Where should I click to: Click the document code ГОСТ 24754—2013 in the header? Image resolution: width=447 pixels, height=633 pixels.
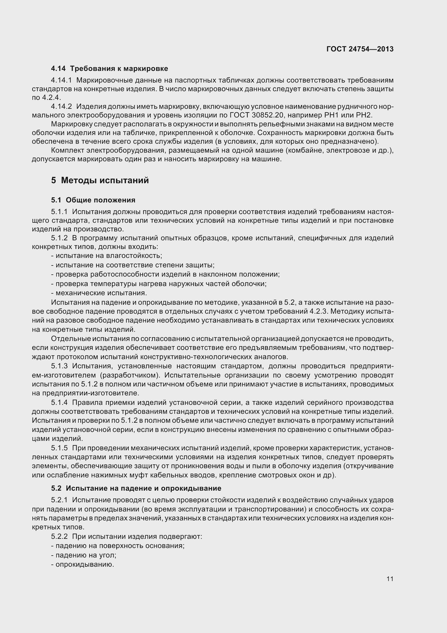(x=360, y=49)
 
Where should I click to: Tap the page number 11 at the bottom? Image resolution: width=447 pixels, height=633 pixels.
(x=390, y=579)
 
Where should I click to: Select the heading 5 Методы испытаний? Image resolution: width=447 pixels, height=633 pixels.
(x=100, y=180)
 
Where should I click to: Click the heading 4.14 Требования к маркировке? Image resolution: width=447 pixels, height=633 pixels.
(x=109, y=68)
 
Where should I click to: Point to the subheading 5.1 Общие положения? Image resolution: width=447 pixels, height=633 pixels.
(x=93, y=200)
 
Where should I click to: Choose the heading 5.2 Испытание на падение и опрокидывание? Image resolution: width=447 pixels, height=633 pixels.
(x=136, y=488)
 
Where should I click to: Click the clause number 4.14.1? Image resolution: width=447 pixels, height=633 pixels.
(x=61, y=80)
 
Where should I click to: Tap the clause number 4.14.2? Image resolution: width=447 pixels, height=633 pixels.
(x=61, y=106)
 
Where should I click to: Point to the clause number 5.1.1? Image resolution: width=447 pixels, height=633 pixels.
(x=59, y=212)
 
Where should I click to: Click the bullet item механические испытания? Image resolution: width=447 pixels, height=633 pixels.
(x=99, y=293)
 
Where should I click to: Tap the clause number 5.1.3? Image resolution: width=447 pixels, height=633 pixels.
(x=59, y=366)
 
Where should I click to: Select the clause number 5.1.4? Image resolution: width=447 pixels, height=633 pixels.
(x=59, y=402)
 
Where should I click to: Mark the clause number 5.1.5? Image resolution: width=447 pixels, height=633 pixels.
(x=59, y=448)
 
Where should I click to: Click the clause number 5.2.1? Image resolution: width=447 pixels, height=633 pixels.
(x=59, y=500)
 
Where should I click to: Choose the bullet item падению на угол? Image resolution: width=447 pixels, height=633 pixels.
(x=84, y=555)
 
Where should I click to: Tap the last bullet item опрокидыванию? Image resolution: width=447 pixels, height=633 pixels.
(x=83, y=564)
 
